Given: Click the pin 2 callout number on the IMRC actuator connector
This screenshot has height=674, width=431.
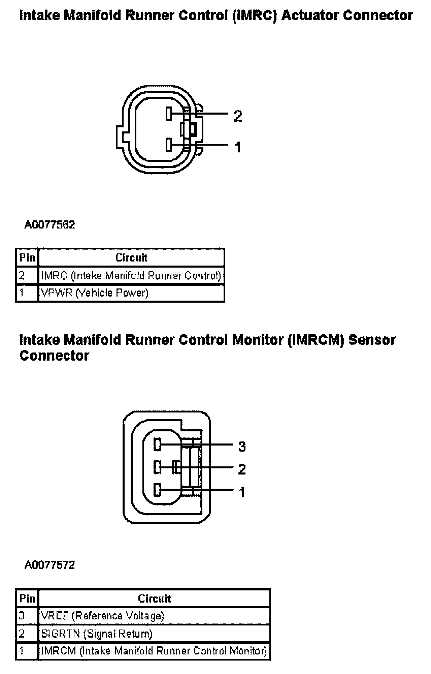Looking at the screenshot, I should [x=238, y=116].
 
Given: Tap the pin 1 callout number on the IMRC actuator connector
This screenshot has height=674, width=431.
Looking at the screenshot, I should [x=238, y=147].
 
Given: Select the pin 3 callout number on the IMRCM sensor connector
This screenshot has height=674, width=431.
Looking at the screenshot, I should [x=242, y=447].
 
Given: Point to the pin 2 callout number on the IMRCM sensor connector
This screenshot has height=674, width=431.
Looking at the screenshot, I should [x=242, y=469].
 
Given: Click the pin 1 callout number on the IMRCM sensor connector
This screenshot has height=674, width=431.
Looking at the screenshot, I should [x=242, y=492].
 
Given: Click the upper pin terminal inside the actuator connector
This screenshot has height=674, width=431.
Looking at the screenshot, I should [x=169, y=114].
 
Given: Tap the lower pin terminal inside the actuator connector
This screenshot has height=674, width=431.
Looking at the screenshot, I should [x=169, y=145].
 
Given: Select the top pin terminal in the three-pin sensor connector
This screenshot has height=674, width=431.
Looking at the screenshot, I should [x=157, y=444].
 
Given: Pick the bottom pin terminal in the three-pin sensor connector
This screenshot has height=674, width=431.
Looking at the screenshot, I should [x=157, y=490].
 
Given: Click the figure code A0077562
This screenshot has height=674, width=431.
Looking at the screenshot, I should [x=49, y=225].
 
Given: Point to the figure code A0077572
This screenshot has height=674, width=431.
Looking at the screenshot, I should [x=49, y=565].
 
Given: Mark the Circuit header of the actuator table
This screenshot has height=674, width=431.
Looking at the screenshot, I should [x=131, y=258].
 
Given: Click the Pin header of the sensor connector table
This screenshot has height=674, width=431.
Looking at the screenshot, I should [x=27, y=598].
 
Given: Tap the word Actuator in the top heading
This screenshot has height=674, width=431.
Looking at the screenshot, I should [x=309, y=16].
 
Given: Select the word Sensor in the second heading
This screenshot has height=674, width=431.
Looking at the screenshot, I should [x=372, y=340].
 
